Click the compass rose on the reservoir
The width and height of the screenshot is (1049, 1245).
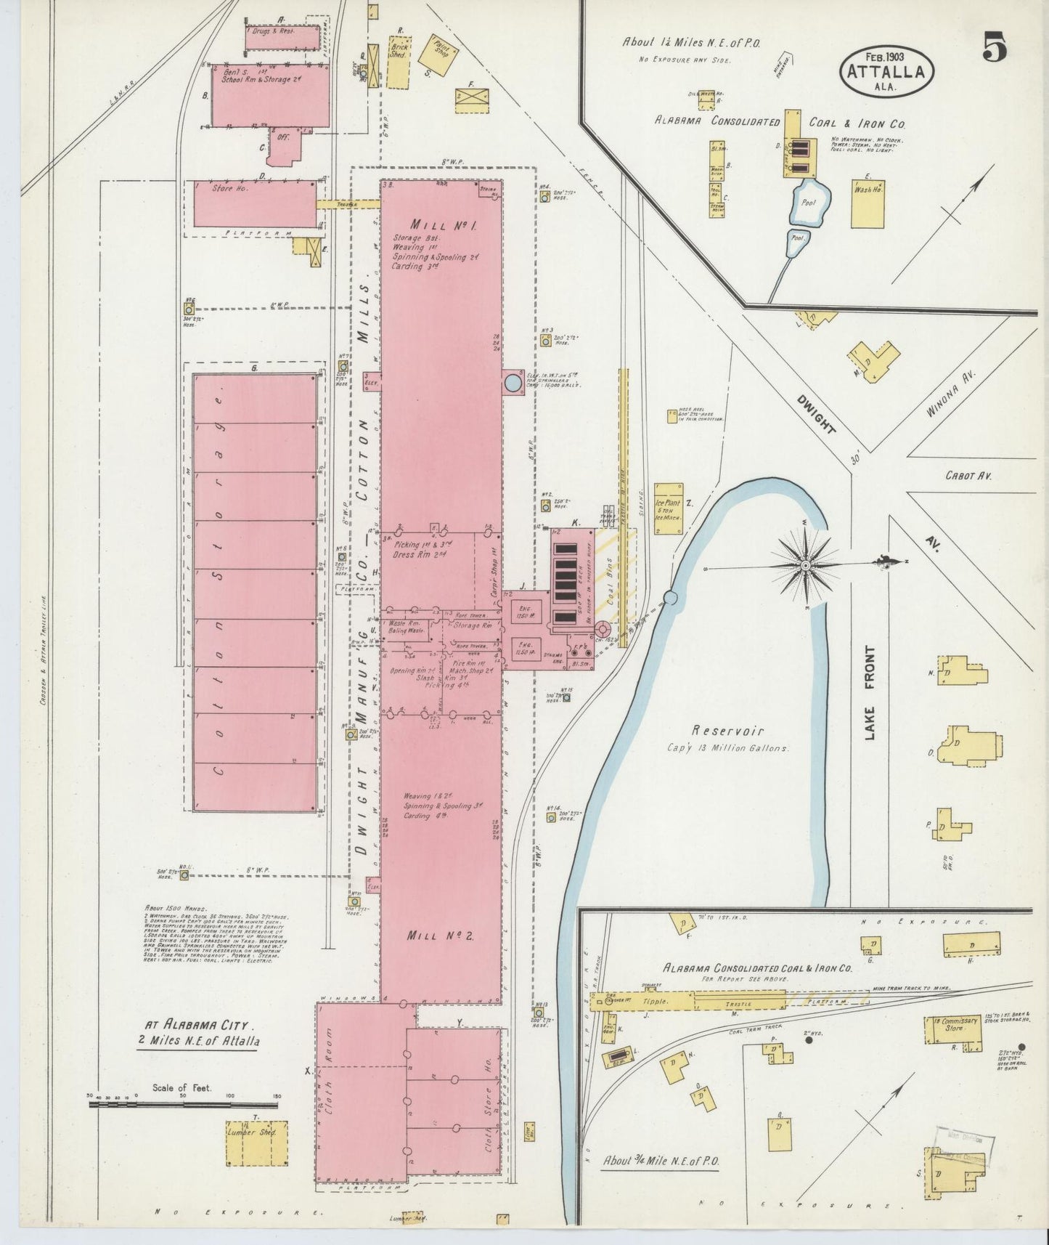pos(807,563)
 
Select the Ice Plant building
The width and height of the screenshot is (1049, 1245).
pos(668,508)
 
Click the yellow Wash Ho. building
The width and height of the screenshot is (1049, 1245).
pos(868,204)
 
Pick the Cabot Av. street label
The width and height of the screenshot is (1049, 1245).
pos(968,476)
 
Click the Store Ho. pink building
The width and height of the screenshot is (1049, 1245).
pos(254,203)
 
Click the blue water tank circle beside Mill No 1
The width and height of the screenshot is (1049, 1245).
pos(513,382)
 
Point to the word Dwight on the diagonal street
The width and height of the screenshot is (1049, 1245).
pos(815,414)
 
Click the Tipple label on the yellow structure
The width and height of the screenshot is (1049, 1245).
pos(654,1001)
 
